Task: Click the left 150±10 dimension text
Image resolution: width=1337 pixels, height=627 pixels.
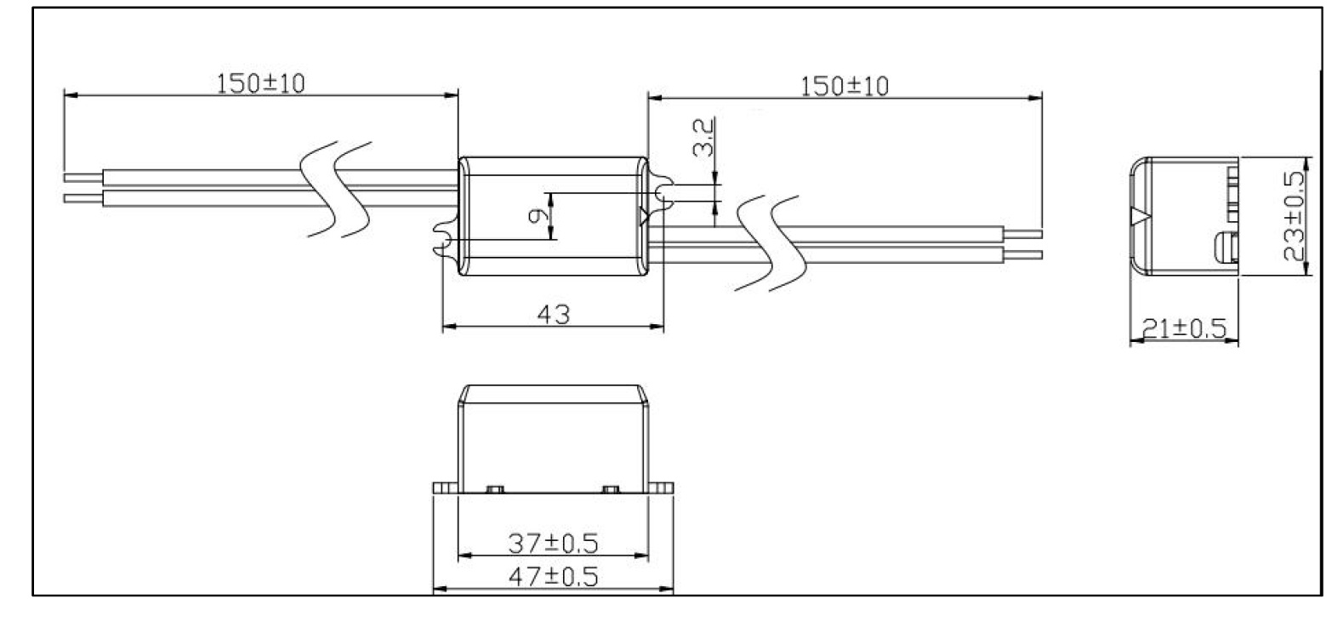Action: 260,83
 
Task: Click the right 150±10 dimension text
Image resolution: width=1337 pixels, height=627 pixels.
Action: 844,87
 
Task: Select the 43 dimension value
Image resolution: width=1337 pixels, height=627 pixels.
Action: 554,314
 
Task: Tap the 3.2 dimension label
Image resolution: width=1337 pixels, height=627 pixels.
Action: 703,137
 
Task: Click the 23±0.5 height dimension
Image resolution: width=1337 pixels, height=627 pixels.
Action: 1294,216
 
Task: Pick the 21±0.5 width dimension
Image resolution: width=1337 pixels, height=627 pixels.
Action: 1184,328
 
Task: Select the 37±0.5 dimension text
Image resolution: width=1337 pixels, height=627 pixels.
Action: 553,544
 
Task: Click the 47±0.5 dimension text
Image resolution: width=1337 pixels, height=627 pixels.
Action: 553,577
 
